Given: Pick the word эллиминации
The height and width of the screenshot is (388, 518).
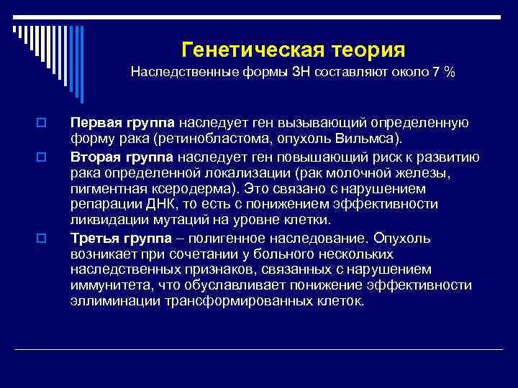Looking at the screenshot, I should click(109, 302).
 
